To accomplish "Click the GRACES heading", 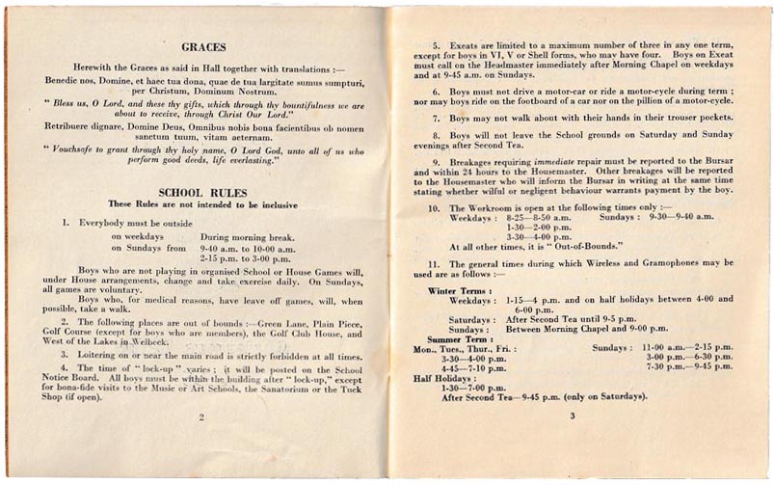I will click(202, 46).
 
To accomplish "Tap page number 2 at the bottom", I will click(202, 418).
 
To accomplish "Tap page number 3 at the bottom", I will click(572, 416).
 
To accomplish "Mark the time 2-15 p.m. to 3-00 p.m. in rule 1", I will click(246, 258).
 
